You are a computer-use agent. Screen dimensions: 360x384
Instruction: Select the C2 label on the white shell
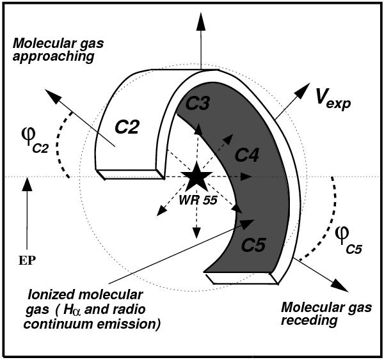click(127, 127)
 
